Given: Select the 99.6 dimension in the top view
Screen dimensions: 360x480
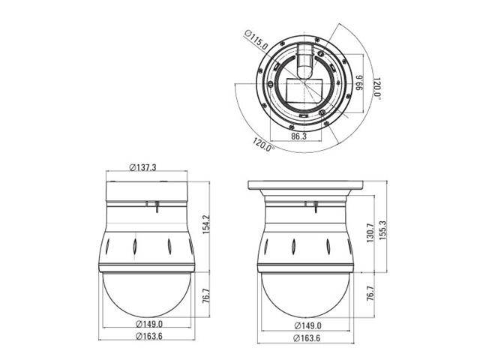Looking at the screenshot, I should tap(359, 83).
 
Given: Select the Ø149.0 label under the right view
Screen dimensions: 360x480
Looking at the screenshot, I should tap(304, 325).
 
